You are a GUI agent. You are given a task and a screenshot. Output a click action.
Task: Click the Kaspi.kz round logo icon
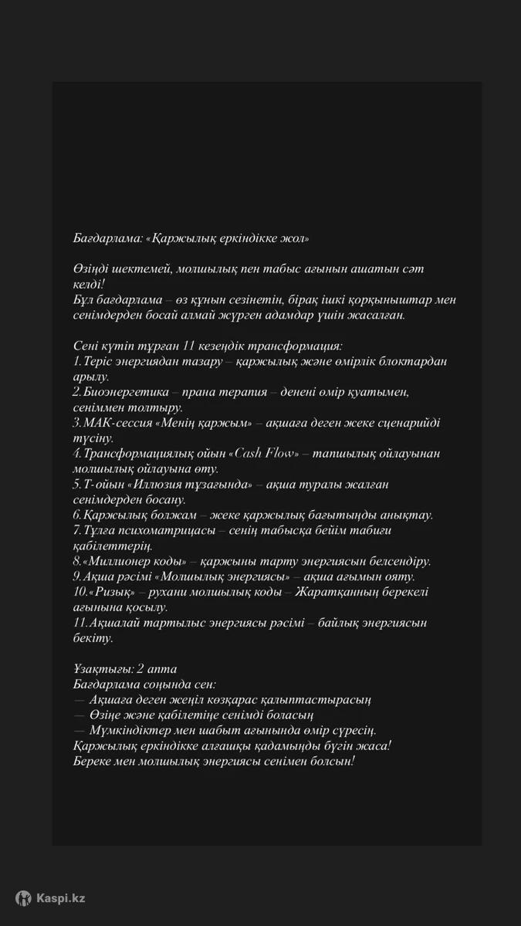(x=24, y=897)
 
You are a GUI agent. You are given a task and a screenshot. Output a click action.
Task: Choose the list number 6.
(x=76, y=515)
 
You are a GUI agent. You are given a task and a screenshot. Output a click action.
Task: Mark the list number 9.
(x=76, y=576)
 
